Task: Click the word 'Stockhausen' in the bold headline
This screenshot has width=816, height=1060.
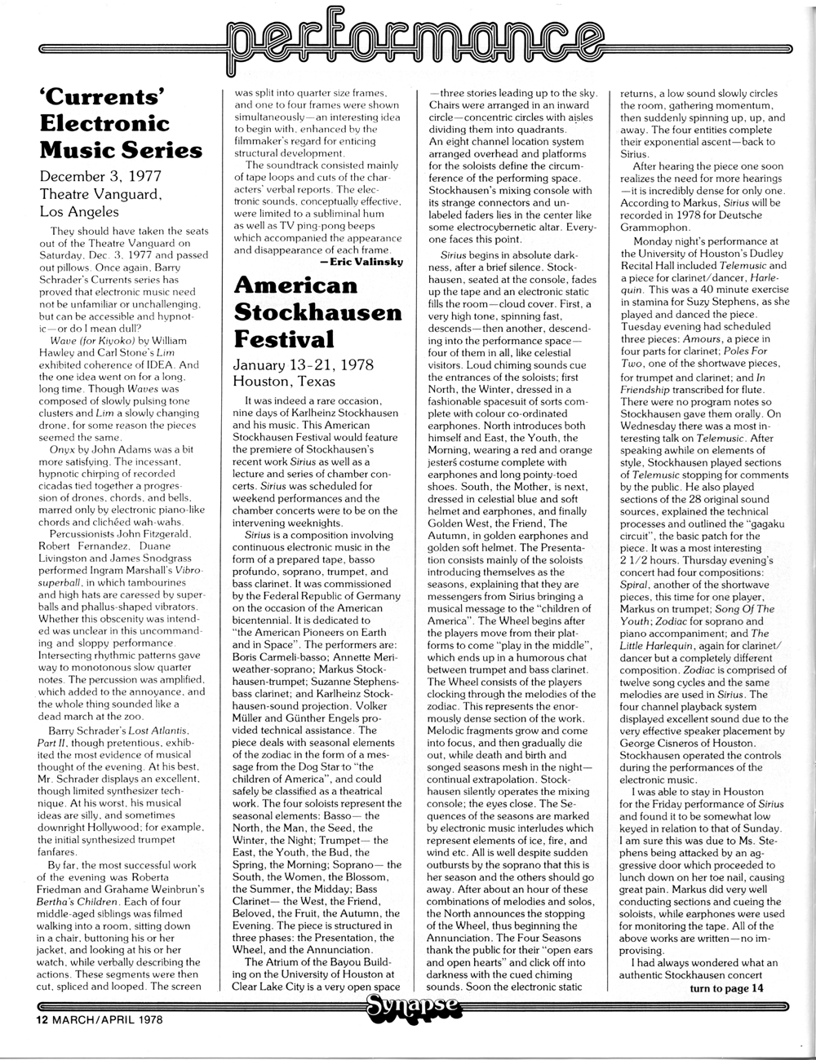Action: point(318,312)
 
